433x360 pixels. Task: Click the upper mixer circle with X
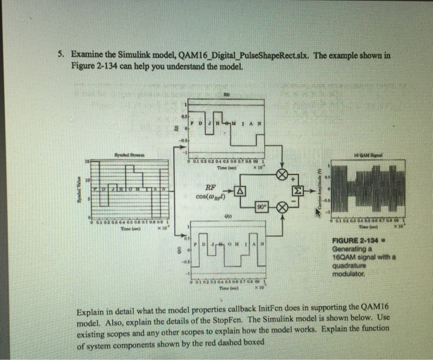click(x=282, y=175)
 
